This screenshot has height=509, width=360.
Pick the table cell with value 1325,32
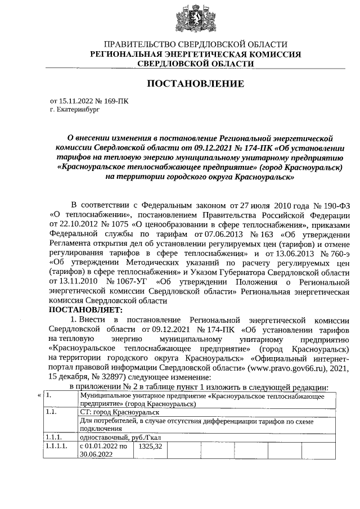point(150,446)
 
